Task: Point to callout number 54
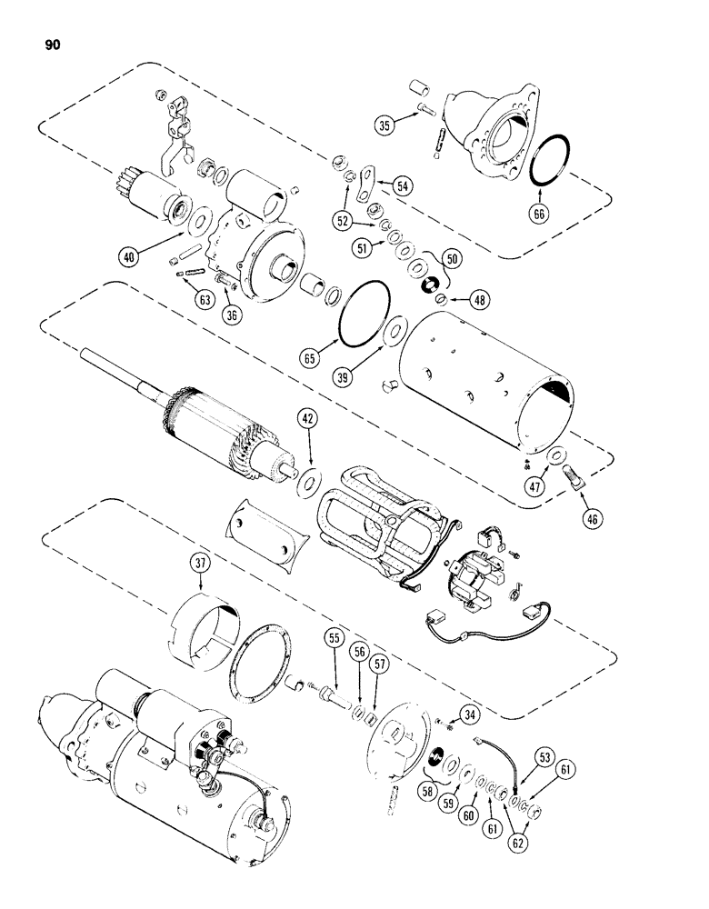(x=402, y=184)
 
